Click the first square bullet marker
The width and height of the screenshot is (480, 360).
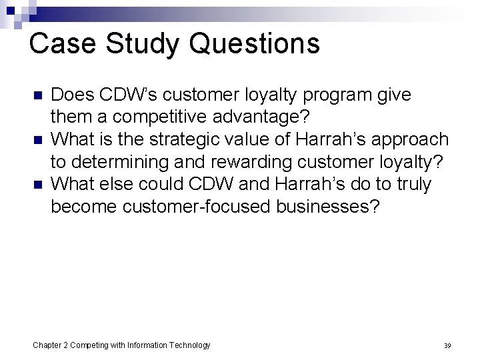click(37, 95)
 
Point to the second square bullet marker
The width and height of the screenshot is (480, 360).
click(37, 140)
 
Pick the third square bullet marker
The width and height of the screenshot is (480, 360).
click(37, 184)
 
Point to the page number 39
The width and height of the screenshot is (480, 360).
click(447, 345)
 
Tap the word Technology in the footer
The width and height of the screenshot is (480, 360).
click(189, 345)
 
